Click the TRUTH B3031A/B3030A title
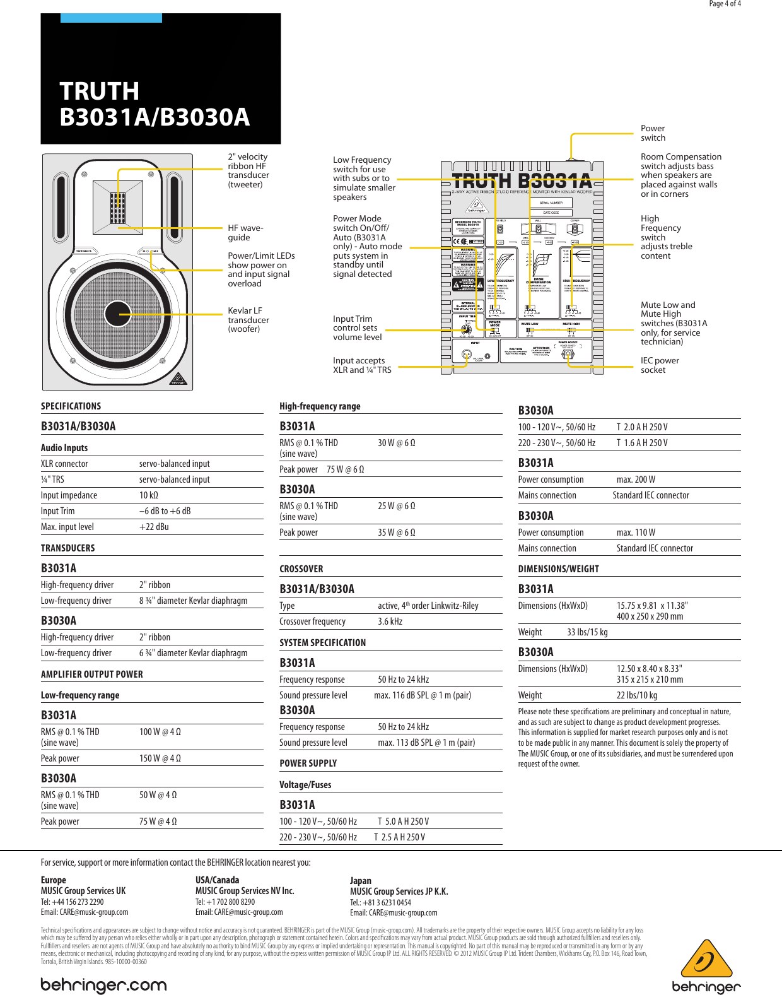[155, 104]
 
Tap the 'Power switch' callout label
[653, 133]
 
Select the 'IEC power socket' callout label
[660, 365]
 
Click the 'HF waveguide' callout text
[245, 233]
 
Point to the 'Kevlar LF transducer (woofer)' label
[248, 320]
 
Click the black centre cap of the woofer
[118, 314]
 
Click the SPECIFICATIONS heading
[71, 406]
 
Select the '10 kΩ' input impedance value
[149, 495]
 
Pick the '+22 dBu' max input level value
[154, 527]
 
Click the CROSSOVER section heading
[301, 569]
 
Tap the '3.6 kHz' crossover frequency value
[390, 621]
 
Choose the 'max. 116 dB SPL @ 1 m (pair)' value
[423, 695]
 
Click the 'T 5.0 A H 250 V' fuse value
[403, 821]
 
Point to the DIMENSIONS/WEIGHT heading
[558, 569]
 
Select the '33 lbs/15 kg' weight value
[587, 632]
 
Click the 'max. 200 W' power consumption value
[636, 480]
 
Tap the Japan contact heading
[361, 881]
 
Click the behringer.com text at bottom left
[103, 985]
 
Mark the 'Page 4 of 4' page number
[725, 4]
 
